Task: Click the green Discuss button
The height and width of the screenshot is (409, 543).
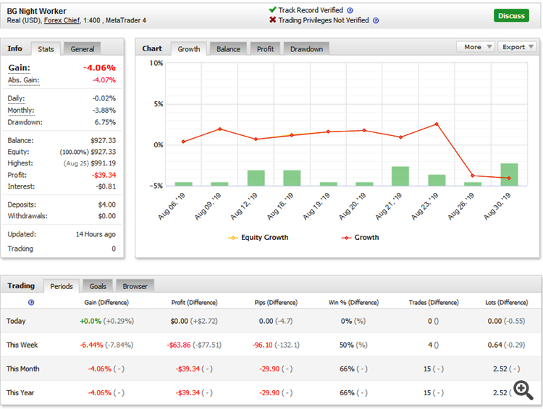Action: [x=511, y=15]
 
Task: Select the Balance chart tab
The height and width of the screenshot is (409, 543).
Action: [x=228, y=48]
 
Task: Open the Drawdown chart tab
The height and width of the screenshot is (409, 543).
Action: [x=307, y=48]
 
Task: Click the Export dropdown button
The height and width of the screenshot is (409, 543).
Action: [x=518, y=47]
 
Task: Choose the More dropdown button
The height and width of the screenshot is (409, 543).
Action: [x=476, y=47]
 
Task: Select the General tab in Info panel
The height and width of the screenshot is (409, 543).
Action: [x=83, y=48]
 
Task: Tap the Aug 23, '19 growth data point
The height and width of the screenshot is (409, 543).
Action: [x=437, y=124]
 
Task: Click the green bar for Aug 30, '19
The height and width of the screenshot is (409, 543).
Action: [x=509, y=174]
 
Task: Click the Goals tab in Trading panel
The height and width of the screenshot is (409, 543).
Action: [x=97, y=286]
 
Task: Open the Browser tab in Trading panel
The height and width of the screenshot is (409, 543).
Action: [x=135, y=286]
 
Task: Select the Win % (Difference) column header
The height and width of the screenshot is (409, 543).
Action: [x=353, y=303]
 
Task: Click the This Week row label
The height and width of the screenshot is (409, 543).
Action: [x=22, y=345]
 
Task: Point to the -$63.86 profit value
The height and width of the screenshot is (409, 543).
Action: [x=188, y=345]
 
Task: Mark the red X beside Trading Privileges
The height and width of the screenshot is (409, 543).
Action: [x=272, y=20]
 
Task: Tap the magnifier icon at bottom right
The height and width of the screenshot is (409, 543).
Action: [x=521, y=388]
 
